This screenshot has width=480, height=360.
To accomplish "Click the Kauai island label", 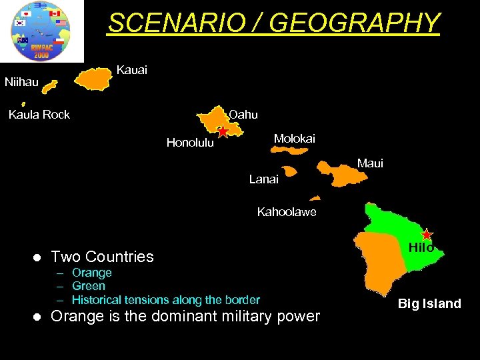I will [x=131, y=70].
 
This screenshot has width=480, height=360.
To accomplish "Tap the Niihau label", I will [x=21, y=83].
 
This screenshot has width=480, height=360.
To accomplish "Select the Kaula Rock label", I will [x=39, y=115].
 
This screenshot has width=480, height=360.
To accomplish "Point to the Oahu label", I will [x=243, y=115].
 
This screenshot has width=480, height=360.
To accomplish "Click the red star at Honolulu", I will [x=223, y=132].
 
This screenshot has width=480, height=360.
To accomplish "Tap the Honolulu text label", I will [x=190, y=143].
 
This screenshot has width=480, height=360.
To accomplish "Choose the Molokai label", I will [x=294, y=139].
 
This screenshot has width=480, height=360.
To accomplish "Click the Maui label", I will [x=370, y=163].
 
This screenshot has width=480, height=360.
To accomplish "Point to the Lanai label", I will [x=263, y=179].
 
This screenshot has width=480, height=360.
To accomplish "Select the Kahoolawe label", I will [x=287, y=213].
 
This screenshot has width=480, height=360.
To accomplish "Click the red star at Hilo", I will [x=427, y=234].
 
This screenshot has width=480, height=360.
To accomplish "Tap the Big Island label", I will [x=429, y=304].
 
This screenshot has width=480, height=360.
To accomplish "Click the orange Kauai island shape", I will [x=95, y=79].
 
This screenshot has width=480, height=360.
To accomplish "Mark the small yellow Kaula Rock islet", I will [x=23, y=104].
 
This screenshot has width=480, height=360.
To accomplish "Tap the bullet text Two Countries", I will [x=102, y=257].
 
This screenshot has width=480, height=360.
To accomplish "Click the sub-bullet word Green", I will [x=89, y=286].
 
